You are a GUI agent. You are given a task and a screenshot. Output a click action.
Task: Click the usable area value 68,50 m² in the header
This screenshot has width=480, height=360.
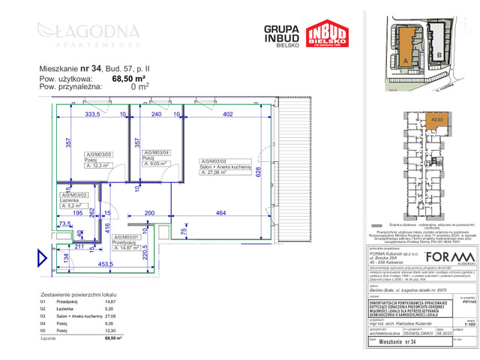click(128, 77)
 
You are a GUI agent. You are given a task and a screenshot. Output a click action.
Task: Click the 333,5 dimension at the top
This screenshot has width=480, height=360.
click(91, 115)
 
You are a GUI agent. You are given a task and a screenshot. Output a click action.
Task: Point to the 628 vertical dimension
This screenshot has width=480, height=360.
click(259, 172)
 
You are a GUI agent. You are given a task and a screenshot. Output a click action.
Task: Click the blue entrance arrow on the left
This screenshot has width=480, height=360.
click(42, 259)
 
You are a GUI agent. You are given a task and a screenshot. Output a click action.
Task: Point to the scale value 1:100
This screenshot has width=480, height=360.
click(470, 323)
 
